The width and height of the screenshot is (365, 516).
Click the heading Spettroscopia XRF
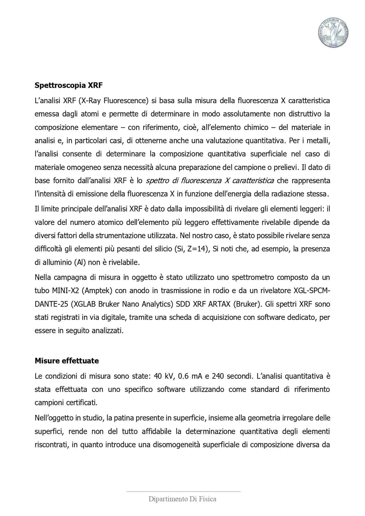(x=68, y=85)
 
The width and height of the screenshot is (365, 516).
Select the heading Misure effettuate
(x=67, y=361)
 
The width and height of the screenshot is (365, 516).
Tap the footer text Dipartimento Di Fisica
(x=182, y=499)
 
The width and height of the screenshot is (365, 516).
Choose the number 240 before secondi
(x=218, y=376)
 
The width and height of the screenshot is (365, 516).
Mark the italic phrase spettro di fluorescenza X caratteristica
(x=210, y=181)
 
